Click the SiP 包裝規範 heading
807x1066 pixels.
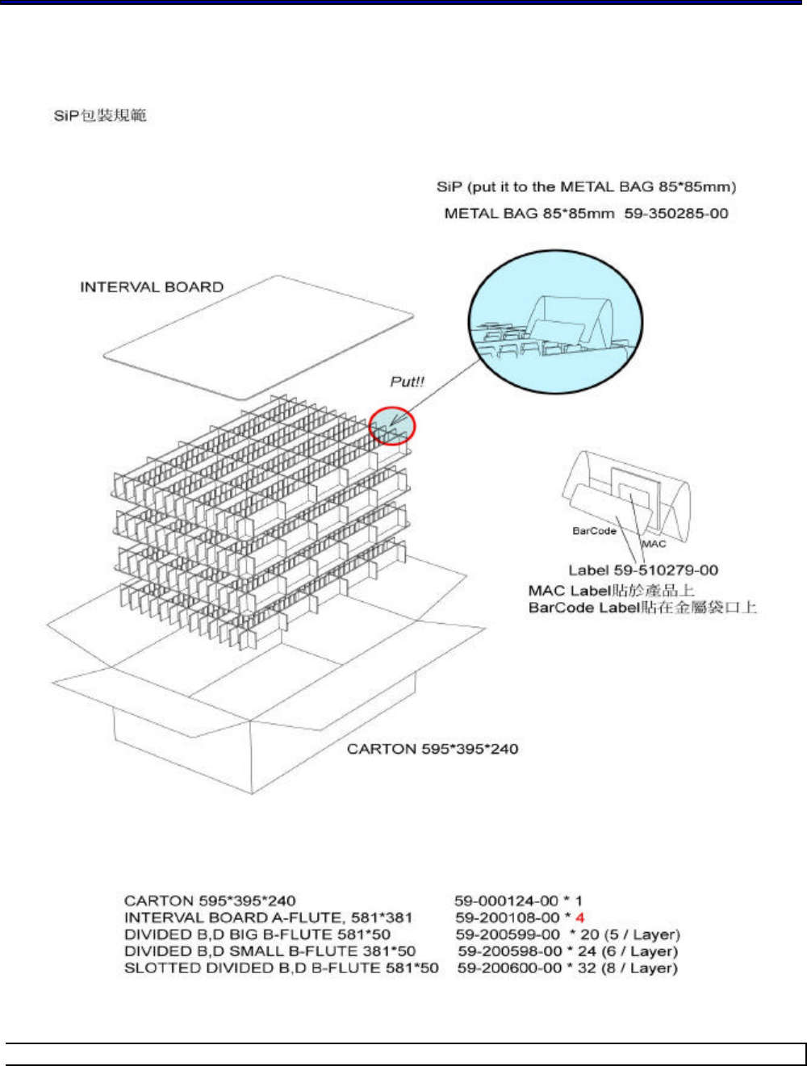[x=100, y=115]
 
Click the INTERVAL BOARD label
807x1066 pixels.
[x=152, y=287]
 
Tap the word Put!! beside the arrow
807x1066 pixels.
[x=407, y=382]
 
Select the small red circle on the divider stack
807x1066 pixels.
[x=392, y=425]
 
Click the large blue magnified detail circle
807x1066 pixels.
[x=556, y=320]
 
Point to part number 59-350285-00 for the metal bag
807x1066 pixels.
[x=676, y=213]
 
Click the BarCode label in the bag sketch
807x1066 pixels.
[x=594, y=531]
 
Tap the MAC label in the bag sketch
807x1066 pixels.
[x=654, y=544]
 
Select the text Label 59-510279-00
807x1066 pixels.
[x=643, y=571]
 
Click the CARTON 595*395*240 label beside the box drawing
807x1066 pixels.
[x=433, y=749]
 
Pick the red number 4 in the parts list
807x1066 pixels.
[x=579, y=918]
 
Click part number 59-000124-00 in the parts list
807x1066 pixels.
[x=506, y=901]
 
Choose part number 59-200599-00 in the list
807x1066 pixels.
[x=507, y=934]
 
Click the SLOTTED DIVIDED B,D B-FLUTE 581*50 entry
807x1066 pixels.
[x=282, y=968]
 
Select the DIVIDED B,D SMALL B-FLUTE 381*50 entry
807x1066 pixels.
[x=270, y=951]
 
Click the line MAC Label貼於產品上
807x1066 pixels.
[x=611, y=590]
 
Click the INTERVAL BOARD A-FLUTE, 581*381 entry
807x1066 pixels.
[x=268, y=918]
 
